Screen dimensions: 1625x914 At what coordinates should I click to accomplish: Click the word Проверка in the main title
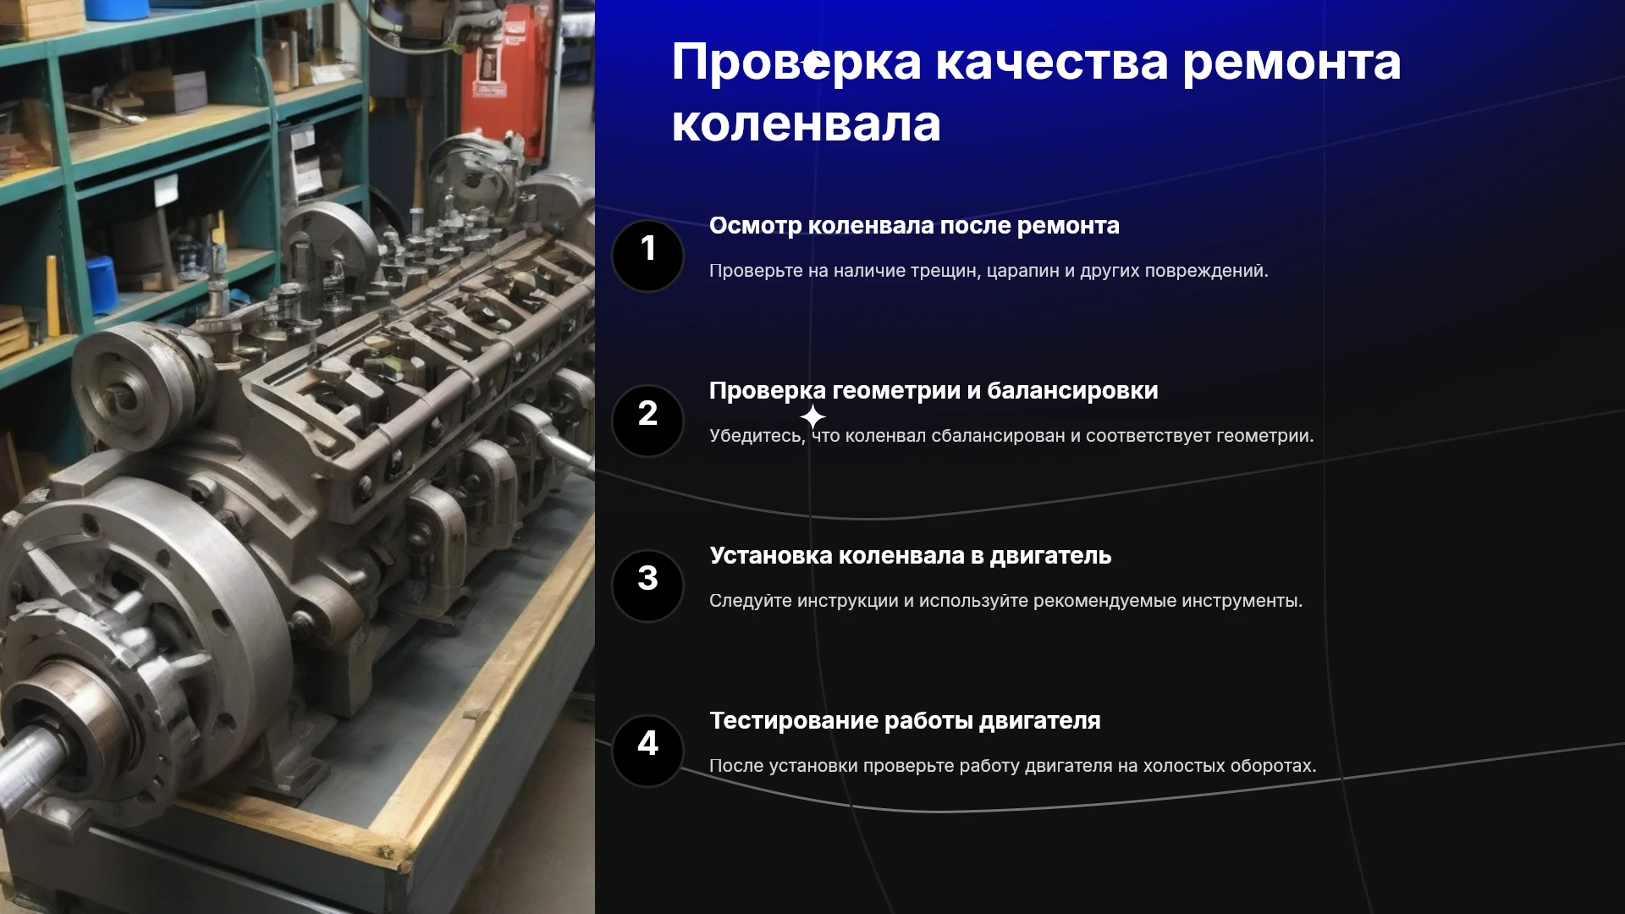(796, 64)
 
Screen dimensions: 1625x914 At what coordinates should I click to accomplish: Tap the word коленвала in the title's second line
(806, 124)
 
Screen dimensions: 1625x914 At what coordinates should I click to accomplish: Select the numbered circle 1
(647, 256)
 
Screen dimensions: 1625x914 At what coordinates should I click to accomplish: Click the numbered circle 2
(647, 421)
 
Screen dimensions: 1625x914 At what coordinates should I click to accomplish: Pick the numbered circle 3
(647, 586)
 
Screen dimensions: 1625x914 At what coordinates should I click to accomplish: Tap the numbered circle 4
(647, 751)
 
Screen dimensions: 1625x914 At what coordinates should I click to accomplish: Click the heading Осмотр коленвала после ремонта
(914, 226)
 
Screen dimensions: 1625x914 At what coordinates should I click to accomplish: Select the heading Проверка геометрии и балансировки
(934, 391)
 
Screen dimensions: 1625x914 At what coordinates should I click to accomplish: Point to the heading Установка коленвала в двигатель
(910, 556)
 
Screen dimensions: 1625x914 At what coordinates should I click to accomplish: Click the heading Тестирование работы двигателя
(905, 721)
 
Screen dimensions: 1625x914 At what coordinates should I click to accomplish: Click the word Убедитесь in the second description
(757, 436)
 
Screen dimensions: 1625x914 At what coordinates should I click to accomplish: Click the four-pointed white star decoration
(812, 416)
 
